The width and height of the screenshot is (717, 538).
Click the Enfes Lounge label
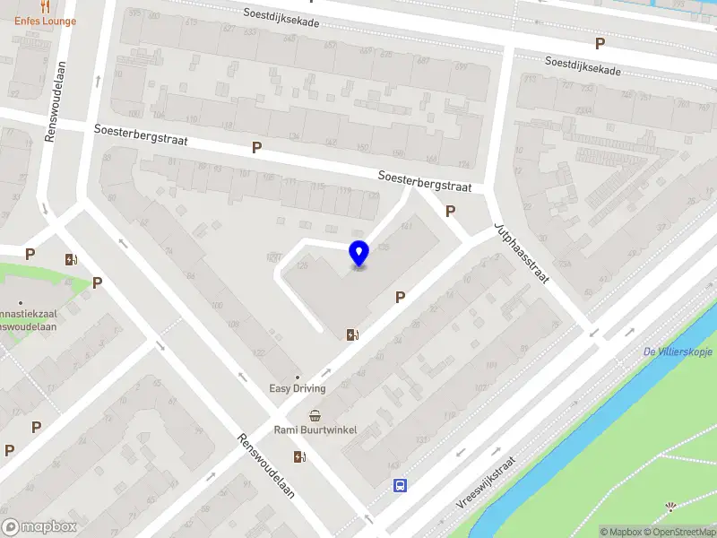(45, 21)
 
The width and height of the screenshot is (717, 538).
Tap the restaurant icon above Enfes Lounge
(44, 6)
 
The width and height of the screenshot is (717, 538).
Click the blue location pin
(358, 254)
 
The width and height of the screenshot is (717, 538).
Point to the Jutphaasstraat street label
(520, 255)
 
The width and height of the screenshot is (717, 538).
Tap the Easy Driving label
(298, 388)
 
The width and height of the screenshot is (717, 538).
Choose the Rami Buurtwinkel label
(315, 430)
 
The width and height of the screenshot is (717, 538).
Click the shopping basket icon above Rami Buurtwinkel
(315, 415)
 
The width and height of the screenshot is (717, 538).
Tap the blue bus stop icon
(400, 486)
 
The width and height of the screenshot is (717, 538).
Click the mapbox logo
(38, 527)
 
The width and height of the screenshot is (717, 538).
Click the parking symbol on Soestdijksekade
(600, 43)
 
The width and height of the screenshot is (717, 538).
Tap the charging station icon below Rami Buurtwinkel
(299, 456)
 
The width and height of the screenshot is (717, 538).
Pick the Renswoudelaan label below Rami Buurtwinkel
(265, 468)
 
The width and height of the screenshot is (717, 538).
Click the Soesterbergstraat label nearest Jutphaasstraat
(425, 181)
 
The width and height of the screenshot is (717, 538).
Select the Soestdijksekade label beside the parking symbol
(583, 65)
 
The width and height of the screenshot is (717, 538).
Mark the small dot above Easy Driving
(298, 377)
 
